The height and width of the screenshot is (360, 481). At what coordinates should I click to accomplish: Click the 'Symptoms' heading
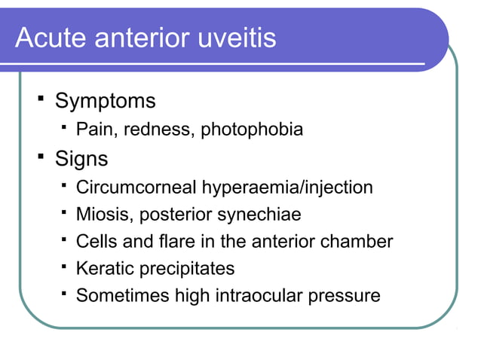(x=105, y=100)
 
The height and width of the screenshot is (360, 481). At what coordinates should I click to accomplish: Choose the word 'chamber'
(x=357, y=242)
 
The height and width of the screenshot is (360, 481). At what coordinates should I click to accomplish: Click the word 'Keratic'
(x=105, y=268)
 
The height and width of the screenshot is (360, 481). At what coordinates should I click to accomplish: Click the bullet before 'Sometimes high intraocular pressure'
(x=66, y=293)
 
